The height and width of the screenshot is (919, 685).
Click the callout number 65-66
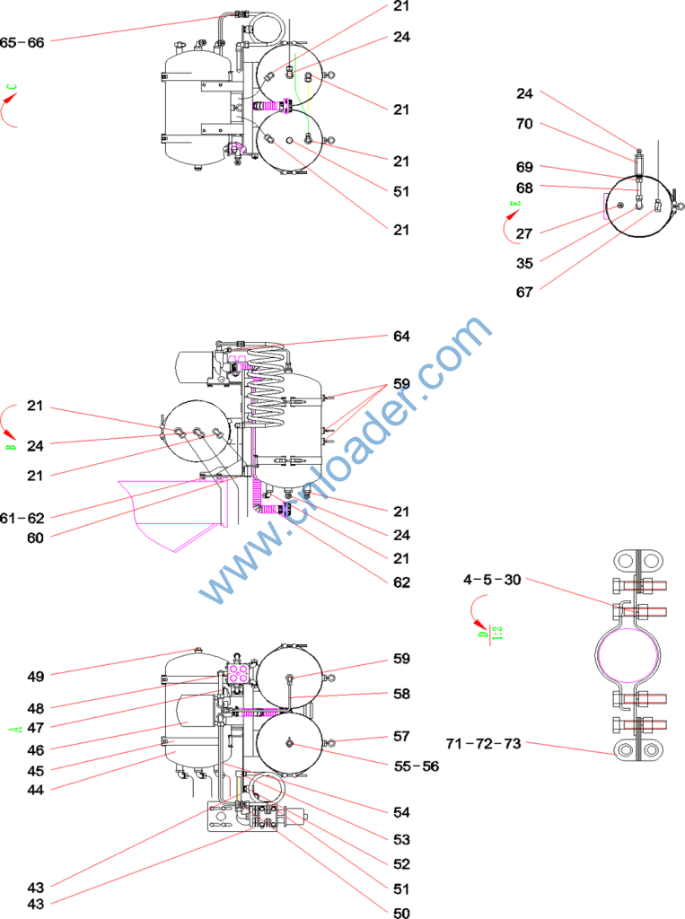coord(22,41)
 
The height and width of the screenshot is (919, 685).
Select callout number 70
coord(523,125)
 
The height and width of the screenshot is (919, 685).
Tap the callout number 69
coord(523,167)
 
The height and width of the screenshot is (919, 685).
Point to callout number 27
coord(523,233)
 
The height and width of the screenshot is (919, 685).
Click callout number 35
coord(523,264)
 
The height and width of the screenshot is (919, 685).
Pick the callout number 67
coord(523,293)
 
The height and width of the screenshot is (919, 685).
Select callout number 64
coord(400,337)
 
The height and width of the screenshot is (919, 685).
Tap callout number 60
coord(35,538)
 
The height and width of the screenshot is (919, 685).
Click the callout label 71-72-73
coord(484,744)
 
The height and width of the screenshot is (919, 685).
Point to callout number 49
coord(35,675)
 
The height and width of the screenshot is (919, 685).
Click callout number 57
coord(400,737)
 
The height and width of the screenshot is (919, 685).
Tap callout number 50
coord(400,914)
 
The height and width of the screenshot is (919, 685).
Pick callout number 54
coord(400,812)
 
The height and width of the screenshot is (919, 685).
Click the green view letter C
coord(12,89)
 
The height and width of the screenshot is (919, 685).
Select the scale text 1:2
coord(496,633)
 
